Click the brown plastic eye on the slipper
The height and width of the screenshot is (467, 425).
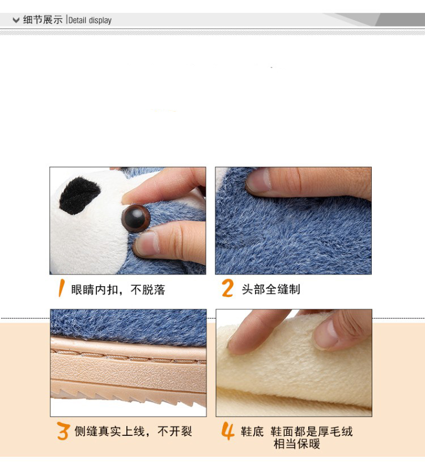[x=137, y=218]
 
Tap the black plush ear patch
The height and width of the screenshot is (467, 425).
[x=79, y=196]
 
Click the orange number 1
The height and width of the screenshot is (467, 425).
[x=61, y=288]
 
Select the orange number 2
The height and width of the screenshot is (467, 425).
[x=228, y=288]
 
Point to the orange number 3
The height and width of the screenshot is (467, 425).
[x=63, y=431]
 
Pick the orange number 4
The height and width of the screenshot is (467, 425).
[x=228, y=431]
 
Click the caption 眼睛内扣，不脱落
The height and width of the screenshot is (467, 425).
[x=118, y=290]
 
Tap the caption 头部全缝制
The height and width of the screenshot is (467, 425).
[x=271, y=289]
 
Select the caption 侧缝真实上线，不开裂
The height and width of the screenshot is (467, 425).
[x=133, y=431]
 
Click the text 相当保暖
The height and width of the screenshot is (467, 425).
[x=296, y=444]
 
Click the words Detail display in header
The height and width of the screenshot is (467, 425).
[x=90, y=20]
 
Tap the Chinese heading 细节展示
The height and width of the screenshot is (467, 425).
[x=43, y=20]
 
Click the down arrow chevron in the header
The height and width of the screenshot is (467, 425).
[x=16, y=20]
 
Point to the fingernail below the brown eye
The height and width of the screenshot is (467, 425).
[x=147, y=244]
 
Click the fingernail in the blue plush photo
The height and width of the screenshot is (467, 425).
[x=258, y=180]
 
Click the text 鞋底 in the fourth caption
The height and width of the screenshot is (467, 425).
[x=252, y=431]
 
